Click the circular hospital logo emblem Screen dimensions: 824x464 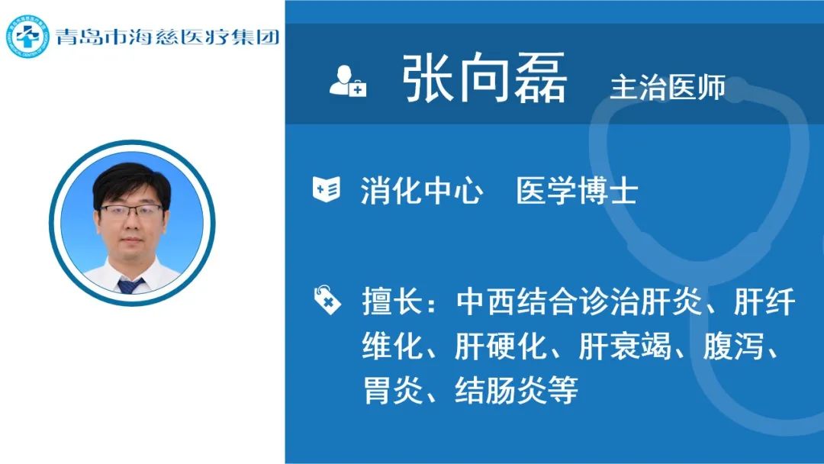click(x=27, y=37)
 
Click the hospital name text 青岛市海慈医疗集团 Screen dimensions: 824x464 click(x=167, y=37)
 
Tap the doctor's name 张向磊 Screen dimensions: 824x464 click(x=484, y=78)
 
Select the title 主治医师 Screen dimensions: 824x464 click(x=668, y=87)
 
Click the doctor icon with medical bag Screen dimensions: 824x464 click(x=347, y=81)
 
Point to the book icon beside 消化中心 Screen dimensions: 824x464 click(x=327, y=189)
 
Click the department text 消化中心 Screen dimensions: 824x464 click(x=421, y=190)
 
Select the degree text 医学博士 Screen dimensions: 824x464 click(x=577, y=190)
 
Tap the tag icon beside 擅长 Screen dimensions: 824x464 click(x=327, y=299)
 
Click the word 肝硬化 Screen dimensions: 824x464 click(x=500, y=346)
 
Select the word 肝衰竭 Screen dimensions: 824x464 click(x=625, y=346)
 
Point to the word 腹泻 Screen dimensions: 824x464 click(x=733, y=346)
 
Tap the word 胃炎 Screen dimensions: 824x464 click(x=393, y=391)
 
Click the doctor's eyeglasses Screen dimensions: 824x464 click(x=131, y=211)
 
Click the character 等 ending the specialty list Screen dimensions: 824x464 click(x=563, y=391)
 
